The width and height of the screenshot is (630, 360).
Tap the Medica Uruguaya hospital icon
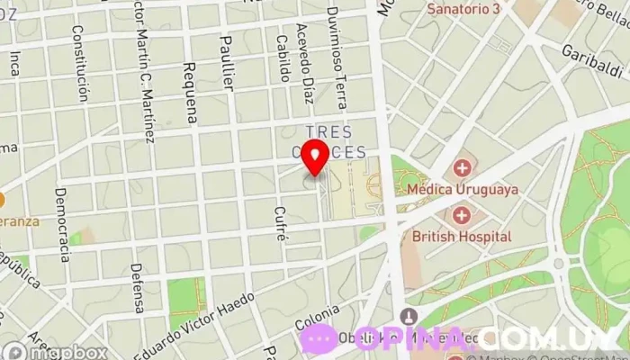[462, 168]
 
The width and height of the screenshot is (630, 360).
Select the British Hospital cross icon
[462, 216]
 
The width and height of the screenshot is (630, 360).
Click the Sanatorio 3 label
[464, 9]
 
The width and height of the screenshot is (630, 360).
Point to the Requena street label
[190, 94]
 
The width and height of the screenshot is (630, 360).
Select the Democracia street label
[62, 224]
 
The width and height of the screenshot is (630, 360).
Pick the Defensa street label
[137, 287]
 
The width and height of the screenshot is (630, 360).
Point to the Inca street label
[15, 63]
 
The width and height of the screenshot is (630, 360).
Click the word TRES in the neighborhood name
[328, 131]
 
